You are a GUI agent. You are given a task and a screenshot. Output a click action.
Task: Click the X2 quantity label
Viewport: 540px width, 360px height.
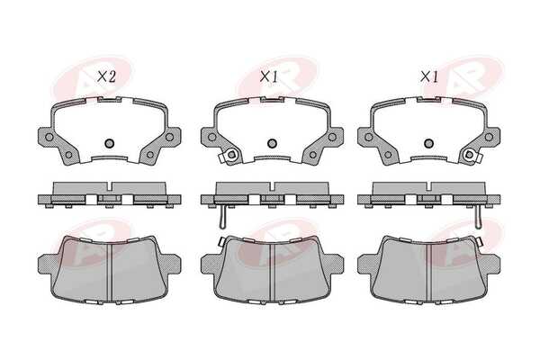[106, 76]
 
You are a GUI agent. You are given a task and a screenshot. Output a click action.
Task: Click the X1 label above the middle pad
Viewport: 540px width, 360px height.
[268, 76]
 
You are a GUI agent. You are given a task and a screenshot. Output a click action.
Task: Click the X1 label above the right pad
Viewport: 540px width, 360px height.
[429, 76]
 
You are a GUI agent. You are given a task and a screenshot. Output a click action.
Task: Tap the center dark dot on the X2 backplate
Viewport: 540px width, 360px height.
[109, 142]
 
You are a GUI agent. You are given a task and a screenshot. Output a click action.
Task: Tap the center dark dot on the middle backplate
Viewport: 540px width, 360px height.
[272, 142]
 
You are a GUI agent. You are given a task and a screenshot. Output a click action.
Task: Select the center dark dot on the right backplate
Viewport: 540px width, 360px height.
[428, 142]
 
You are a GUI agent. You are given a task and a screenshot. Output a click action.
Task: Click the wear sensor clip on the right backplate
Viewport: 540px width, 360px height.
[470, 156]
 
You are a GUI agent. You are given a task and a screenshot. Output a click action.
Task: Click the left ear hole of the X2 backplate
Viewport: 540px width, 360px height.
[49, 137]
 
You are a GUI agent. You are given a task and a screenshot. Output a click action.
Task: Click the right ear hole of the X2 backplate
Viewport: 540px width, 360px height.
[169, 137]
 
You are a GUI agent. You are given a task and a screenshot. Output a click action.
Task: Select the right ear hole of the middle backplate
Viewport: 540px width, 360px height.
[332, 137]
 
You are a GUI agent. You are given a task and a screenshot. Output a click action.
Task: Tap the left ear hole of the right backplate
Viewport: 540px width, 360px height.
[369, 137]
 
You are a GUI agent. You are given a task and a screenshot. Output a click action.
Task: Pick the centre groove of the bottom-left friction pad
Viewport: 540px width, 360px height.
[110, 272]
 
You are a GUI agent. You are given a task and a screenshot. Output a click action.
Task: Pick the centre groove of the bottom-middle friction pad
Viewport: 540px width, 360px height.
[272, 272]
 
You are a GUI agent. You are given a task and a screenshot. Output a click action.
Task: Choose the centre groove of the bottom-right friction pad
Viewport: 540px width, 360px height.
[429, 272]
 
